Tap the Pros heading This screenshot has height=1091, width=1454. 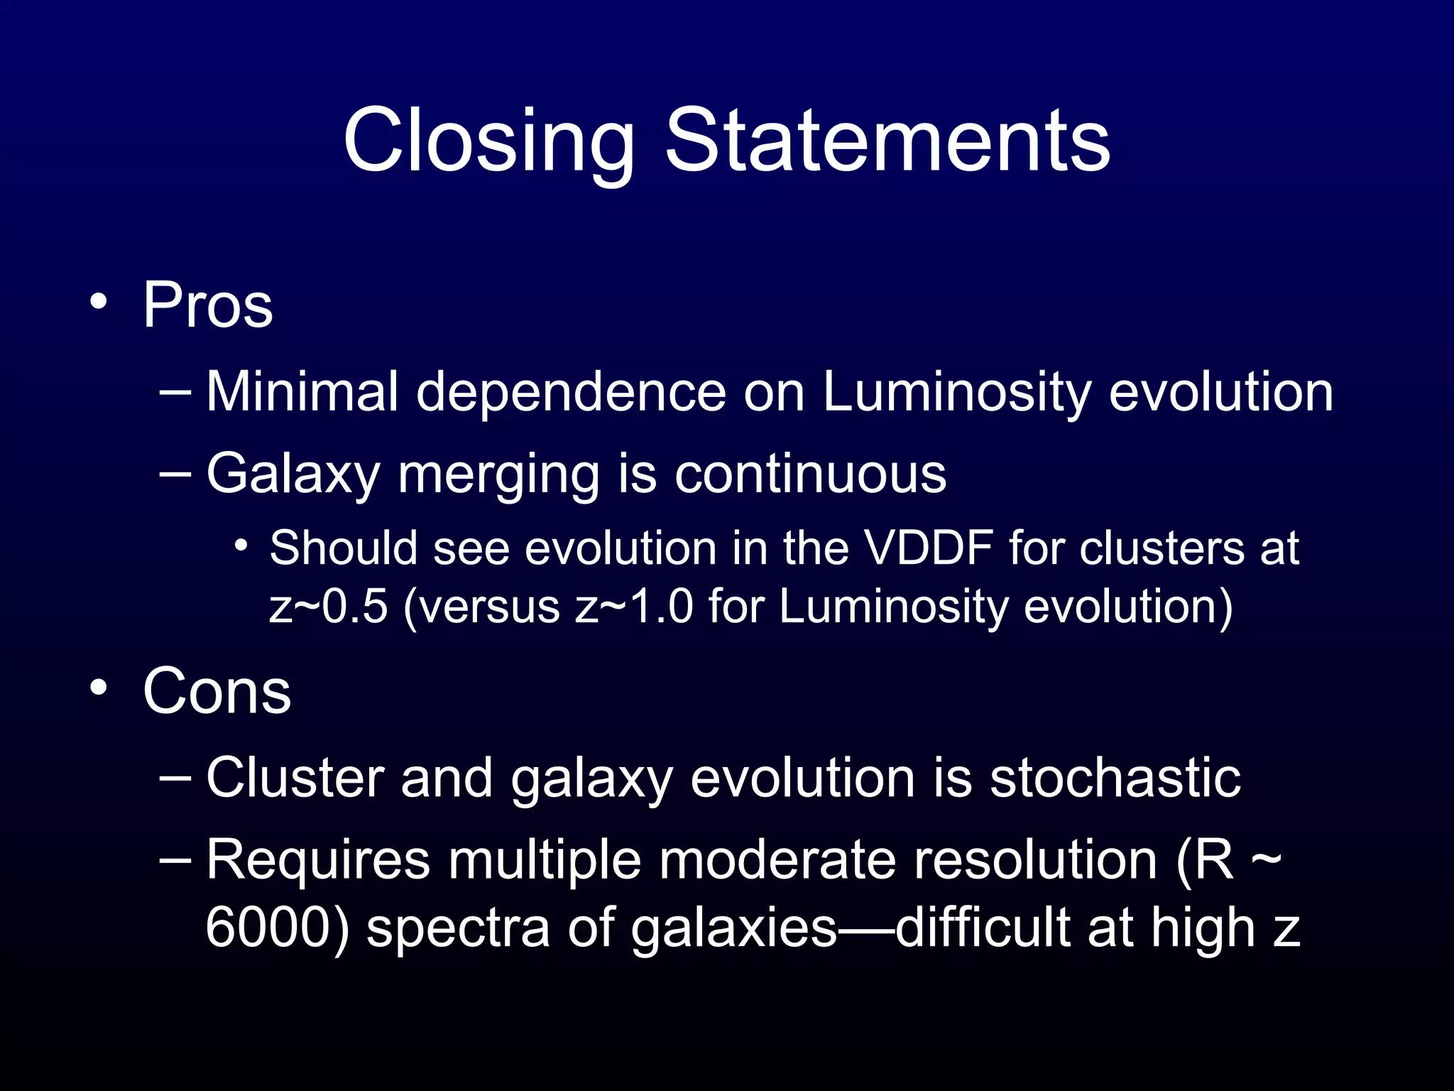point(207,305)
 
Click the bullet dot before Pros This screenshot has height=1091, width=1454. point(99,303)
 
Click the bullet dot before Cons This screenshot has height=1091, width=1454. point(99,688)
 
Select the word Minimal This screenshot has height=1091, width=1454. point(302,392)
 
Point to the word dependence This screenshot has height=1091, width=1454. point(571,392)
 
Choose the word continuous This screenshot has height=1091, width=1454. point(810,474)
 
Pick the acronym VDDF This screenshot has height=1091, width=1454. point(928,548)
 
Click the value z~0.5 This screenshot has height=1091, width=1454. point(328,607)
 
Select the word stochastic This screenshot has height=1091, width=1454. point(1115,778)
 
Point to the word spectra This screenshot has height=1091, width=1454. point(458,928)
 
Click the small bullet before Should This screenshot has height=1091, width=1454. point(241,545)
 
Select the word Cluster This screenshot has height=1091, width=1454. point(295,778)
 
